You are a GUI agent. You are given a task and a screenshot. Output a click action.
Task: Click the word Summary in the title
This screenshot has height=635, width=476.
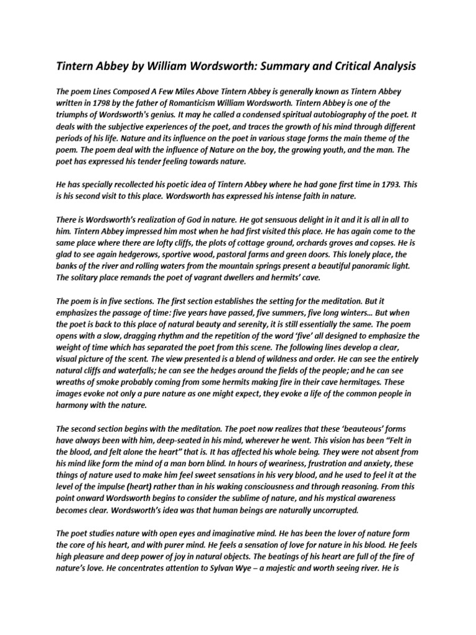[277, 65]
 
